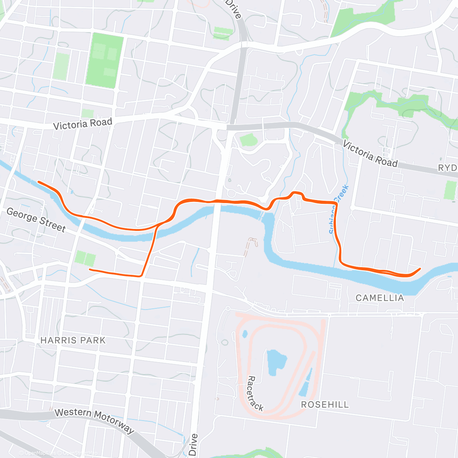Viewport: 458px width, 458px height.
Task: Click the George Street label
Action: [x=36, y=220]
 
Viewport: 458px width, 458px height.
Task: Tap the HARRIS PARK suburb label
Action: [x=73, y=340]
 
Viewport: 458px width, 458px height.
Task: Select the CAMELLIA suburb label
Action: [x=380, y=298]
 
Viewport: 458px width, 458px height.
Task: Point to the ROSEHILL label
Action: [x=325, y=405]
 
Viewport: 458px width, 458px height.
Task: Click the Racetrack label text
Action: [x=255, y=393]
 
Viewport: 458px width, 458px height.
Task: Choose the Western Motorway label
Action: [x=95, y=421]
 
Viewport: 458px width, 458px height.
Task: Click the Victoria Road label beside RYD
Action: [x=370, y=154]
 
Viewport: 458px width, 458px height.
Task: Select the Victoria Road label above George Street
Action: [x=82, y=124]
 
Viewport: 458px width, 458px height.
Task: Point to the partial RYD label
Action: [x=447, y=168]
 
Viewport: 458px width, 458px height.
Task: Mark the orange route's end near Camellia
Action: [x=420, y=269]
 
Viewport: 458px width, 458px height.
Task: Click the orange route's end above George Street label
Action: [x=39, y=182]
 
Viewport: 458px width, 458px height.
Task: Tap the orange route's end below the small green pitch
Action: [x=90, y=270]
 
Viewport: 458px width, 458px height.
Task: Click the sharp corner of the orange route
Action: [x=142, y=276]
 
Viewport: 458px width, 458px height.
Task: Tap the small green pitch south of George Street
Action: [x=85, y=258]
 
